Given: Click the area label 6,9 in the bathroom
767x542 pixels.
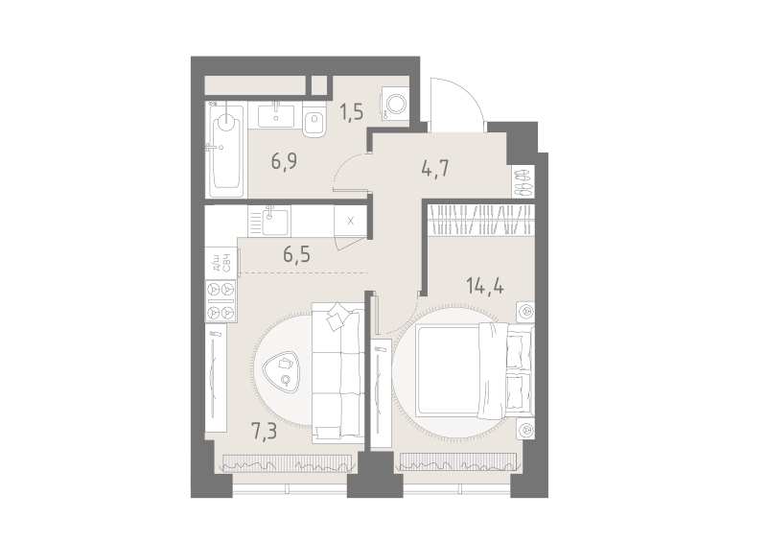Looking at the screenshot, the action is click(284, 161).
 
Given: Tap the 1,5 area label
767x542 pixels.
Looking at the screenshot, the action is click(351, 112).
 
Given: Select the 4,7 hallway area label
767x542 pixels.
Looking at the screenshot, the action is click(435, 168).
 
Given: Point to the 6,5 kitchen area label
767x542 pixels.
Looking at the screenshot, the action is click(297, 254).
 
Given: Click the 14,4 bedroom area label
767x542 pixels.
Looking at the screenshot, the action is click(485, 286).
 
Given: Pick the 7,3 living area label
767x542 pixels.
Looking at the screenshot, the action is click(264, 432).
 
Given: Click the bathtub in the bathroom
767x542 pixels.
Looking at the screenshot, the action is click(224, 150).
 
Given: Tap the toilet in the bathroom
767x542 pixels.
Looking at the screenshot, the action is click(314, 120).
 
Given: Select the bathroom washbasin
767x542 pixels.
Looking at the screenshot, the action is click(276, 114).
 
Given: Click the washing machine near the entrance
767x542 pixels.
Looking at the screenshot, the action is click(395, 105).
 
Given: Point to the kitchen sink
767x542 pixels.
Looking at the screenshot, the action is click(269, 221).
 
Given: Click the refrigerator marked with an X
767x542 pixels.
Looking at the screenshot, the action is click(350, 222).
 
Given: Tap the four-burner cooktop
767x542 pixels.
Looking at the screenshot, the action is click(221, 301).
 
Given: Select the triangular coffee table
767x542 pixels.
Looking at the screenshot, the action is click(281, 371).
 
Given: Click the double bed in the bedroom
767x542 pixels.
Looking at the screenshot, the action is click(474, 370).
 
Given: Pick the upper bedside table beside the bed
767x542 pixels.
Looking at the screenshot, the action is click(525, 312).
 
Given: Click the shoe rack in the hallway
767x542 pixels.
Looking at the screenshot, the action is click(523, 181).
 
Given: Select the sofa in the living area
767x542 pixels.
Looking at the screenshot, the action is click(338, 373).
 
